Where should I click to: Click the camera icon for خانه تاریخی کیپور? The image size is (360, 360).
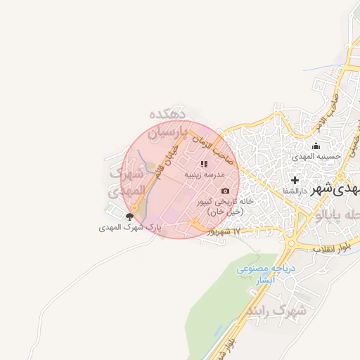(x=225, y=191)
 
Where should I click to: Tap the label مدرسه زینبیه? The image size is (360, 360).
(x=205, y=174)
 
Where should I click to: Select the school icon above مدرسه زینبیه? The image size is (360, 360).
(x=205, y=164)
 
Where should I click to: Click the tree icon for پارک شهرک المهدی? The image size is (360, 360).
(x=129, y=217)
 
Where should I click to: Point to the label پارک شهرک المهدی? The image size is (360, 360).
(x=129, y=228)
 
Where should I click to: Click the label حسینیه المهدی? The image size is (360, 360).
(x=317, y=156)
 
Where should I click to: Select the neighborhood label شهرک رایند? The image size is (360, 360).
(x=278, y=310)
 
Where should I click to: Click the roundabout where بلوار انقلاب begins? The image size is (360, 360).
(x=291, y=245)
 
